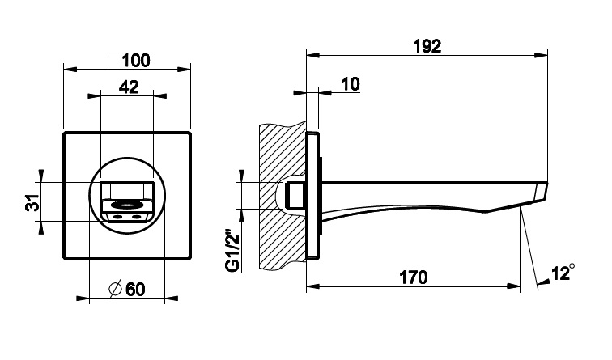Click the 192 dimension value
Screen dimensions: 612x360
pos(427,46)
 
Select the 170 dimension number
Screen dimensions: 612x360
pos(414,277)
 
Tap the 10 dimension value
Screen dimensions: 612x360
pos(351,84)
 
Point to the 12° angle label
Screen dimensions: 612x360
pos(563,273)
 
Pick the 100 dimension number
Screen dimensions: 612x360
pos(136,61)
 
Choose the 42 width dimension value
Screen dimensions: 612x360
pos(129,87)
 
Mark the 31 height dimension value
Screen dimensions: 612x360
pos(32,202)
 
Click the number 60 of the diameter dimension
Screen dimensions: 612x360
pos(135,290)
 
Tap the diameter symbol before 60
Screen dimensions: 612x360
pos(116,289)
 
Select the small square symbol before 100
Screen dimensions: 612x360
pos(110,60)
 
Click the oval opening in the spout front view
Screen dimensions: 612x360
pos(127,205)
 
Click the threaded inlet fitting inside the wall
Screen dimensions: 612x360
pos(295,196)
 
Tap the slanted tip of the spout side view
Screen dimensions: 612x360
pos(540,192)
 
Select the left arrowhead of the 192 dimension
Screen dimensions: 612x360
pos(313,55)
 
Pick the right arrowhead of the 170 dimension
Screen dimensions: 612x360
pos(513,286)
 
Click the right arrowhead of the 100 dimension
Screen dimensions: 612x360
pos(184,70)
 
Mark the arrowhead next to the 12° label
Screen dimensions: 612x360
pos(543,282)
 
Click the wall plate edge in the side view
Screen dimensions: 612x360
pos(312,196)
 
